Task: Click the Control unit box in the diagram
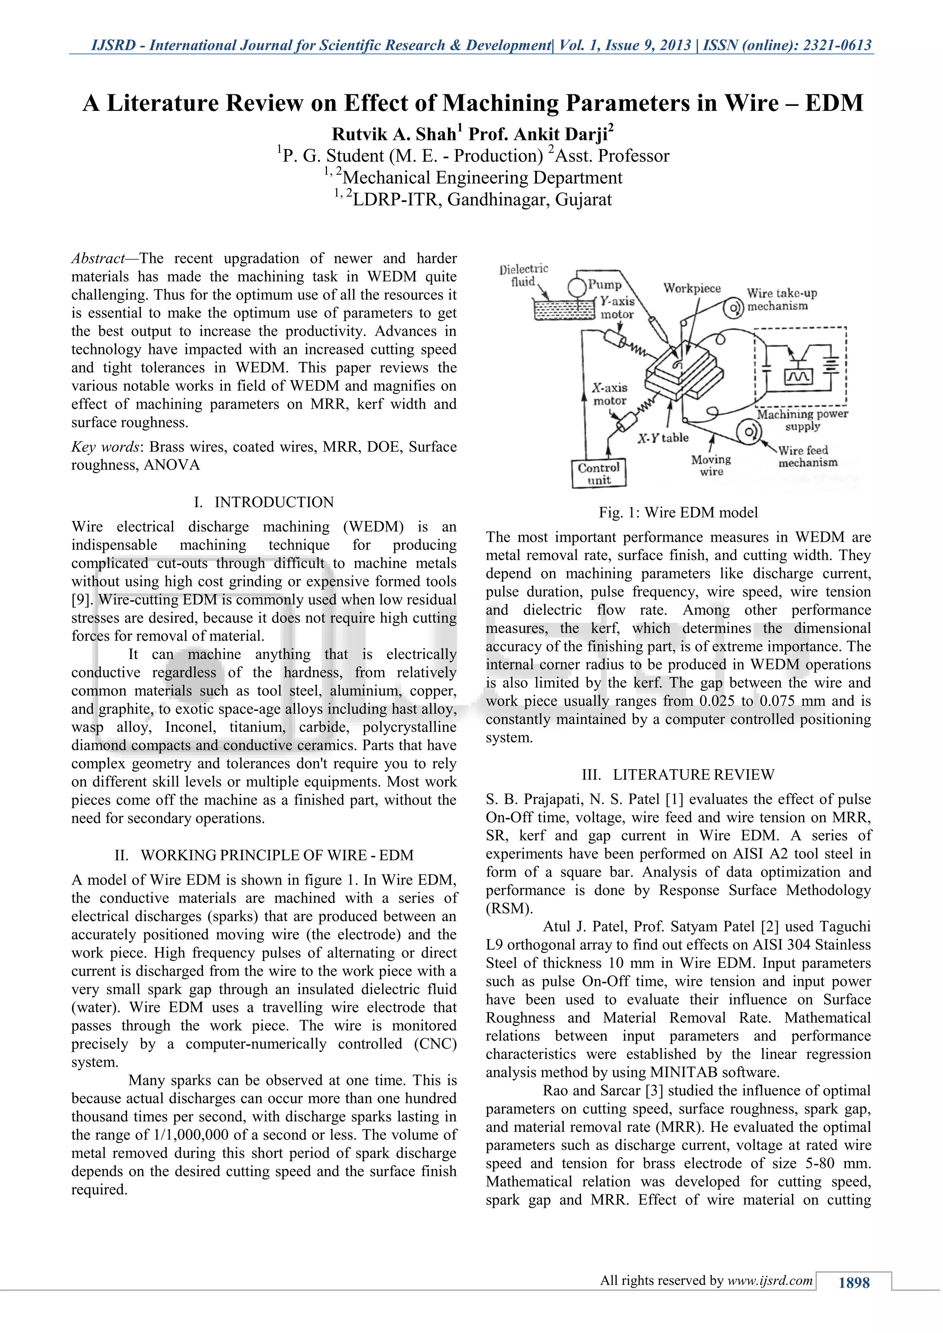point(599,473)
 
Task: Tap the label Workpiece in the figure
point(692,289)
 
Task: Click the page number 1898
point(854,1282)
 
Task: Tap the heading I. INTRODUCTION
point(264,502)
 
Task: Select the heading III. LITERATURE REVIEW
point(678,775)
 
